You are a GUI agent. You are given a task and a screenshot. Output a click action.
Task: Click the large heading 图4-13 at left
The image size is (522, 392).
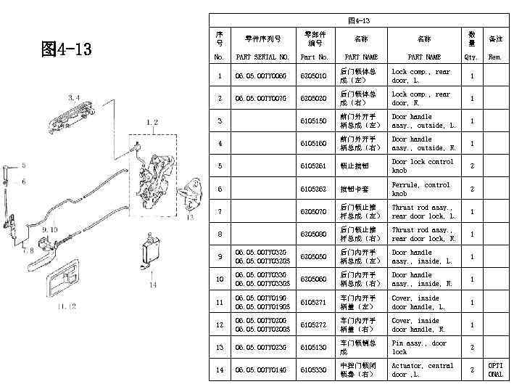pos(67,49)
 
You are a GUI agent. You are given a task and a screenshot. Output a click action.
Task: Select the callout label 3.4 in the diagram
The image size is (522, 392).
pos(74,97)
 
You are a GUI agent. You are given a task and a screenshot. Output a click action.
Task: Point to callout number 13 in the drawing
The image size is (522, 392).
pos(190,216)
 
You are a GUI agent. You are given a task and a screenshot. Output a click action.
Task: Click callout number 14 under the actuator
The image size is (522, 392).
pos(152,285)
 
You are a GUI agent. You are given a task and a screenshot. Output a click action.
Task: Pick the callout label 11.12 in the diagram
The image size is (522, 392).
pos(67,306)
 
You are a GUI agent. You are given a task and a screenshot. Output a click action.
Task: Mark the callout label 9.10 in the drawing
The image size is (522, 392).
pos(50,229)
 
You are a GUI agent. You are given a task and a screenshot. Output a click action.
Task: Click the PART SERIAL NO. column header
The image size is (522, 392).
pos(262,57)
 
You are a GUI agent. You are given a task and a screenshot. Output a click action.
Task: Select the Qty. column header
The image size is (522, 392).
pos(472,57)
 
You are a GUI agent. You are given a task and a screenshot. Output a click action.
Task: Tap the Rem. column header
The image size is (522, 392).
pos(495,57)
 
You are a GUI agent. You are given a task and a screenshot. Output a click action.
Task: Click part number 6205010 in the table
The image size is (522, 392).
pos(314,76)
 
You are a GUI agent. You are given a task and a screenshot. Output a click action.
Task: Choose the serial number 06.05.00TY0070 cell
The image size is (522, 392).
pos(262,99)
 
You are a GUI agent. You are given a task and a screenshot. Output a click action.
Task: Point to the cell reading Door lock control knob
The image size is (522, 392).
pos(422,166)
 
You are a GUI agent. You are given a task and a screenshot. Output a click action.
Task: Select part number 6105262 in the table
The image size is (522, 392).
pos(314,189)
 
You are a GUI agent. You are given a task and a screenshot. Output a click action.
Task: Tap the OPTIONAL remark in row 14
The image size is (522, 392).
pos(495,370)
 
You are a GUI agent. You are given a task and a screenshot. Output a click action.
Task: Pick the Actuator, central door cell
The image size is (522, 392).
pos(422,370)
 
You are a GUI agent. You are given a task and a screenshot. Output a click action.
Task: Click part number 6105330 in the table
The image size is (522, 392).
pos(314,370)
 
